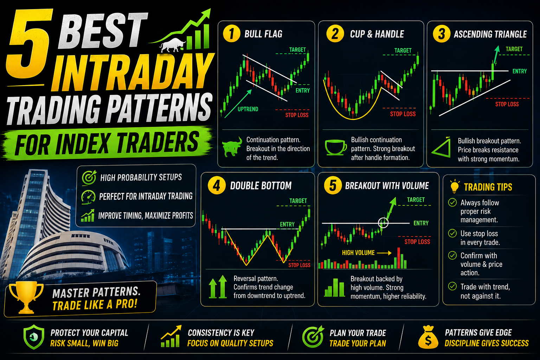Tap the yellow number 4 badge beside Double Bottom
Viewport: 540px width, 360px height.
[x=217, y=185]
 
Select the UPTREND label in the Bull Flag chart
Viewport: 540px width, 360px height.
[x=248, y=109]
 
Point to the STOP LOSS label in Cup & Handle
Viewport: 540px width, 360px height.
[x=403, y=114]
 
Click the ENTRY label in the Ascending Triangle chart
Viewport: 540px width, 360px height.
[x=520, y=71]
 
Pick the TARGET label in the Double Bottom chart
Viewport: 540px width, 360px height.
[x=298, y=201]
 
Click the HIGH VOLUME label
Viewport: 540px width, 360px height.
[x=358, y=253]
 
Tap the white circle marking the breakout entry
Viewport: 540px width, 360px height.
[x=383, y=223]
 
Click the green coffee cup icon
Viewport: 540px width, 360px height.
[x=336, y=147]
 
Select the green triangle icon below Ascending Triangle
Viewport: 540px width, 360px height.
[x=442, y=148]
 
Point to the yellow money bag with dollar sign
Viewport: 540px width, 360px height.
[x=428, y=337]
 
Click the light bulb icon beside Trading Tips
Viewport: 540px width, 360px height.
[x=455, y=186]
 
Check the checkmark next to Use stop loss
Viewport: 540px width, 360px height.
[x=452, y=233]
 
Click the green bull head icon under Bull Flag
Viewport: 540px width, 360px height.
[x=232, y=147]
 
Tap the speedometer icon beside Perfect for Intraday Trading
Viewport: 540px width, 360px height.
[x=88, y=197]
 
